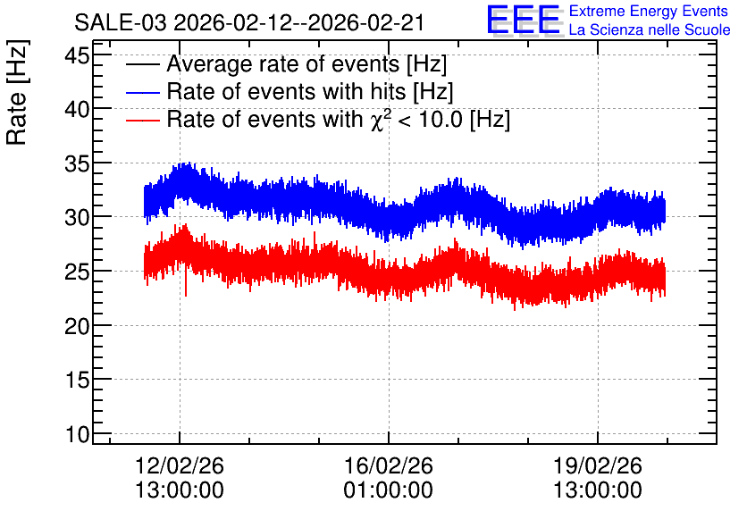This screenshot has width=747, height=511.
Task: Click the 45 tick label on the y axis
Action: click(x=77, y=55)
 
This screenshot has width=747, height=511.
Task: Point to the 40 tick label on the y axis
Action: click(x=77, y=110)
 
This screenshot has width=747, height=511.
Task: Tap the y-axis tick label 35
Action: click(x=77, y=164)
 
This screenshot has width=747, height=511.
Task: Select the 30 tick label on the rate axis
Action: click(x=77, y=218)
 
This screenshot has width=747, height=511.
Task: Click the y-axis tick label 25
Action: click(x=77, y=272)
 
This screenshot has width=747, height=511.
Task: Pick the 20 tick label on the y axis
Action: click(x=77, y=327)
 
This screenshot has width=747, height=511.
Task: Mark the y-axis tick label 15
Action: click(x=77, y=381)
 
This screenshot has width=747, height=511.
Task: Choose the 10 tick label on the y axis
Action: click(x=77, y=435)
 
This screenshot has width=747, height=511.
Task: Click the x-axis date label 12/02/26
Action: click(x=180, y=465)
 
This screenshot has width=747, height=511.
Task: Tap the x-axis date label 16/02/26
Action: click(x=389, y=465)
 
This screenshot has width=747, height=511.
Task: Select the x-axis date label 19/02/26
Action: click(x=598, y=465)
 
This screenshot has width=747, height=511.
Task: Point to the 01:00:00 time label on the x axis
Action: click(x=389, y=490)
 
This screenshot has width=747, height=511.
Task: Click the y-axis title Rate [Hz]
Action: click(x=17, y=92)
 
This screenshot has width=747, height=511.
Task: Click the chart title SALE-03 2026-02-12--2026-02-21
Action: click(x=249, y=22)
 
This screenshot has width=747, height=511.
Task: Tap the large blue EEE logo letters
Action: click(x=524, y=20)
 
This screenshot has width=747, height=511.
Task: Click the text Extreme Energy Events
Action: click(x=649, y=11)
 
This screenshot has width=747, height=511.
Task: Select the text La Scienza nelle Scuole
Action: click(x=650, y=29)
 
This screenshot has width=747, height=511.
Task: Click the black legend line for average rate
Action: click(x=142, y=64)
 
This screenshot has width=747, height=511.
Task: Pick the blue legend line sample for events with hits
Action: click(x=142, y=92)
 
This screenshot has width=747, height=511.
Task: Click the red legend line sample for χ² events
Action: click(x=142, y=120)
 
